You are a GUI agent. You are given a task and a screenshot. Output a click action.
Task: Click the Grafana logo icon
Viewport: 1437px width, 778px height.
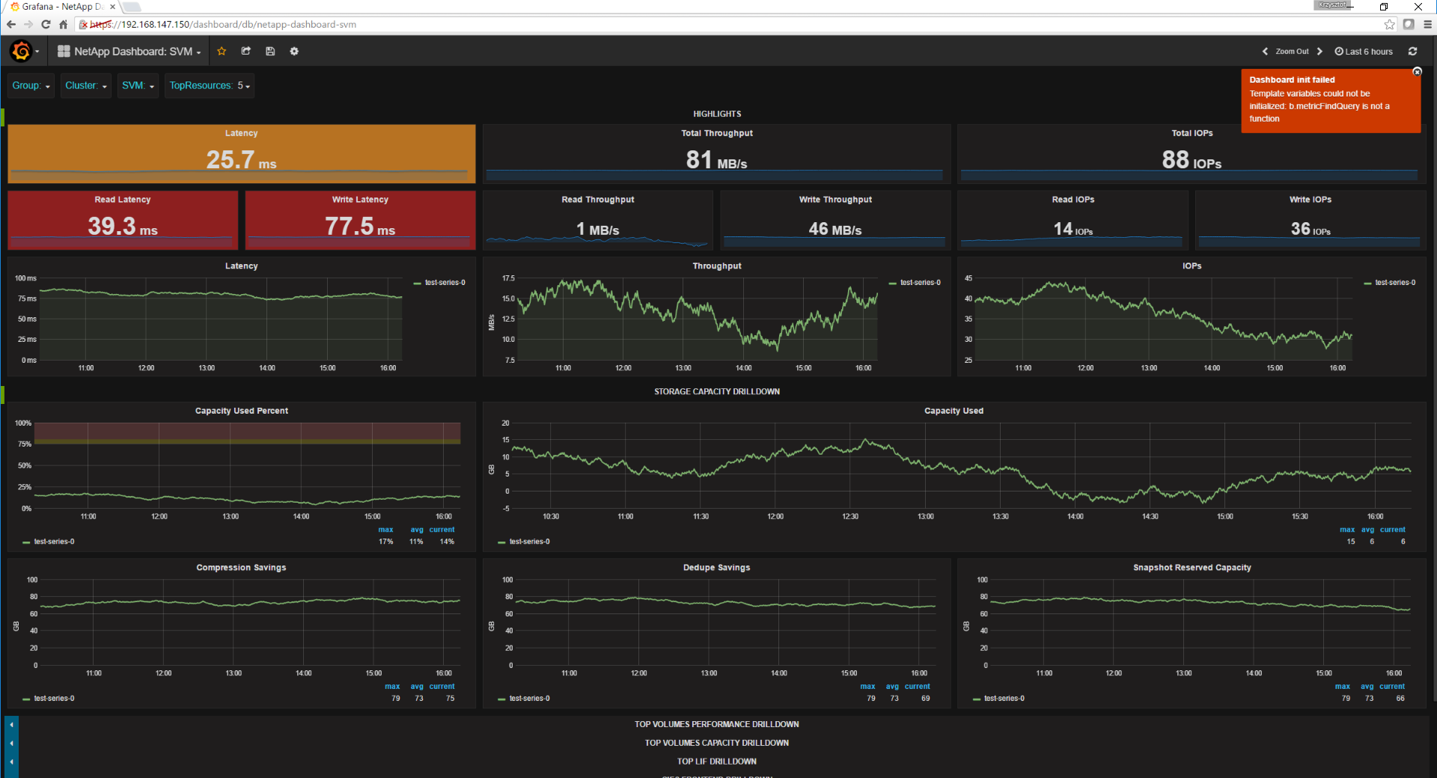click(x=21, y=52)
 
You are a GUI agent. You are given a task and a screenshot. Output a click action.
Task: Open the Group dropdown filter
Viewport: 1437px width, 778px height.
click(x=31, y=86)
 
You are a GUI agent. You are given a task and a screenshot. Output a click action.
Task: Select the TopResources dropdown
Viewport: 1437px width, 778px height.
click(x=209, y=86)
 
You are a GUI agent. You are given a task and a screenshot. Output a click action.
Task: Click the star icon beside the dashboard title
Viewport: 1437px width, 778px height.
click(x=222, y=52)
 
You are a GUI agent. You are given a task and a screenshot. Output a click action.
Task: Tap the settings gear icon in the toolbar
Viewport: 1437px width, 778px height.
click(x=294, y=52)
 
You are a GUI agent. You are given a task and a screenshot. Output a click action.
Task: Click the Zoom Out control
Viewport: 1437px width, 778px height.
click(x=1292, y=52)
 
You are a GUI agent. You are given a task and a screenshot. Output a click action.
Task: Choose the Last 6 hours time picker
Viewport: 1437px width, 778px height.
click(x=1364, y=52)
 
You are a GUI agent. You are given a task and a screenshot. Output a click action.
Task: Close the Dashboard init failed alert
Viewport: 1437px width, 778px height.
click(x=1417, y=72)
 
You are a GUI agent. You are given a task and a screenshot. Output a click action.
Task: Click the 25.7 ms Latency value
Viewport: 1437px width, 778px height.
click(x=241, y=159)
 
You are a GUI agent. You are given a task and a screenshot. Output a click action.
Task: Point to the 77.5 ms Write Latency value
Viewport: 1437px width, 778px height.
click(x=360, y=226)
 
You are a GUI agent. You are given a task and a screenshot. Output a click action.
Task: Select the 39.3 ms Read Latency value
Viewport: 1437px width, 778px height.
click(x=123, y=226)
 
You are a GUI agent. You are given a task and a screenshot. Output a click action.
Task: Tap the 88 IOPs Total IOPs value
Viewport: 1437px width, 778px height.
click(x=1192, y=159)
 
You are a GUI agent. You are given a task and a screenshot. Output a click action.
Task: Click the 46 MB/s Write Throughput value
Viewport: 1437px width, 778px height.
click(x=835, y=229)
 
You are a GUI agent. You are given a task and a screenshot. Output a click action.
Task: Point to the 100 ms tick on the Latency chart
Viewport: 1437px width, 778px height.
click(x=25, y=278)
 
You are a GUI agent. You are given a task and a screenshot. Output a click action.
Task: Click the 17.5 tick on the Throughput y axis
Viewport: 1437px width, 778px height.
click(x=508, y=278)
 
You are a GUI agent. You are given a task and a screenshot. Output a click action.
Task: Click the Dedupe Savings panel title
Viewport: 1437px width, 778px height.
click(x=716, y=568)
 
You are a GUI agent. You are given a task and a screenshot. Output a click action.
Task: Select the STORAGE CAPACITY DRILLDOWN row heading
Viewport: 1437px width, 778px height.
click(x=716, y=392)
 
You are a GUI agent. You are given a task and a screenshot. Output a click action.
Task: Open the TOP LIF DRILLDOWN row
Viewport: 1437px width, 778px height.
click(x=716, y=762)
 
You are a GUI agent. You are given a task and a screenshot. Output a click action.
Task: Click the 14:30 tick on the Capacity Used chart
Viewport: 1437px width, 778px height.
click(x=1150, y=517)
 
